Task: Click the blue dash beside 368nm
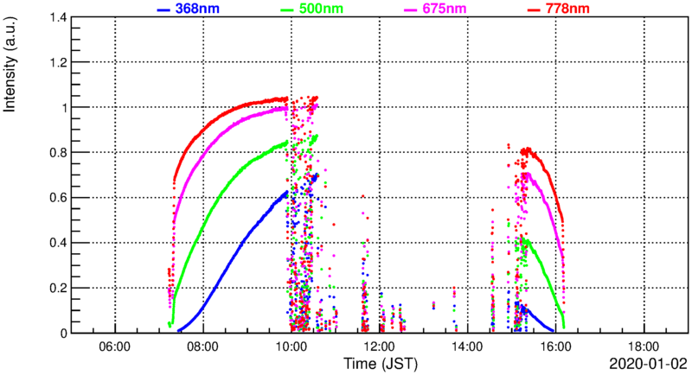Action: pos(163,10)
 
